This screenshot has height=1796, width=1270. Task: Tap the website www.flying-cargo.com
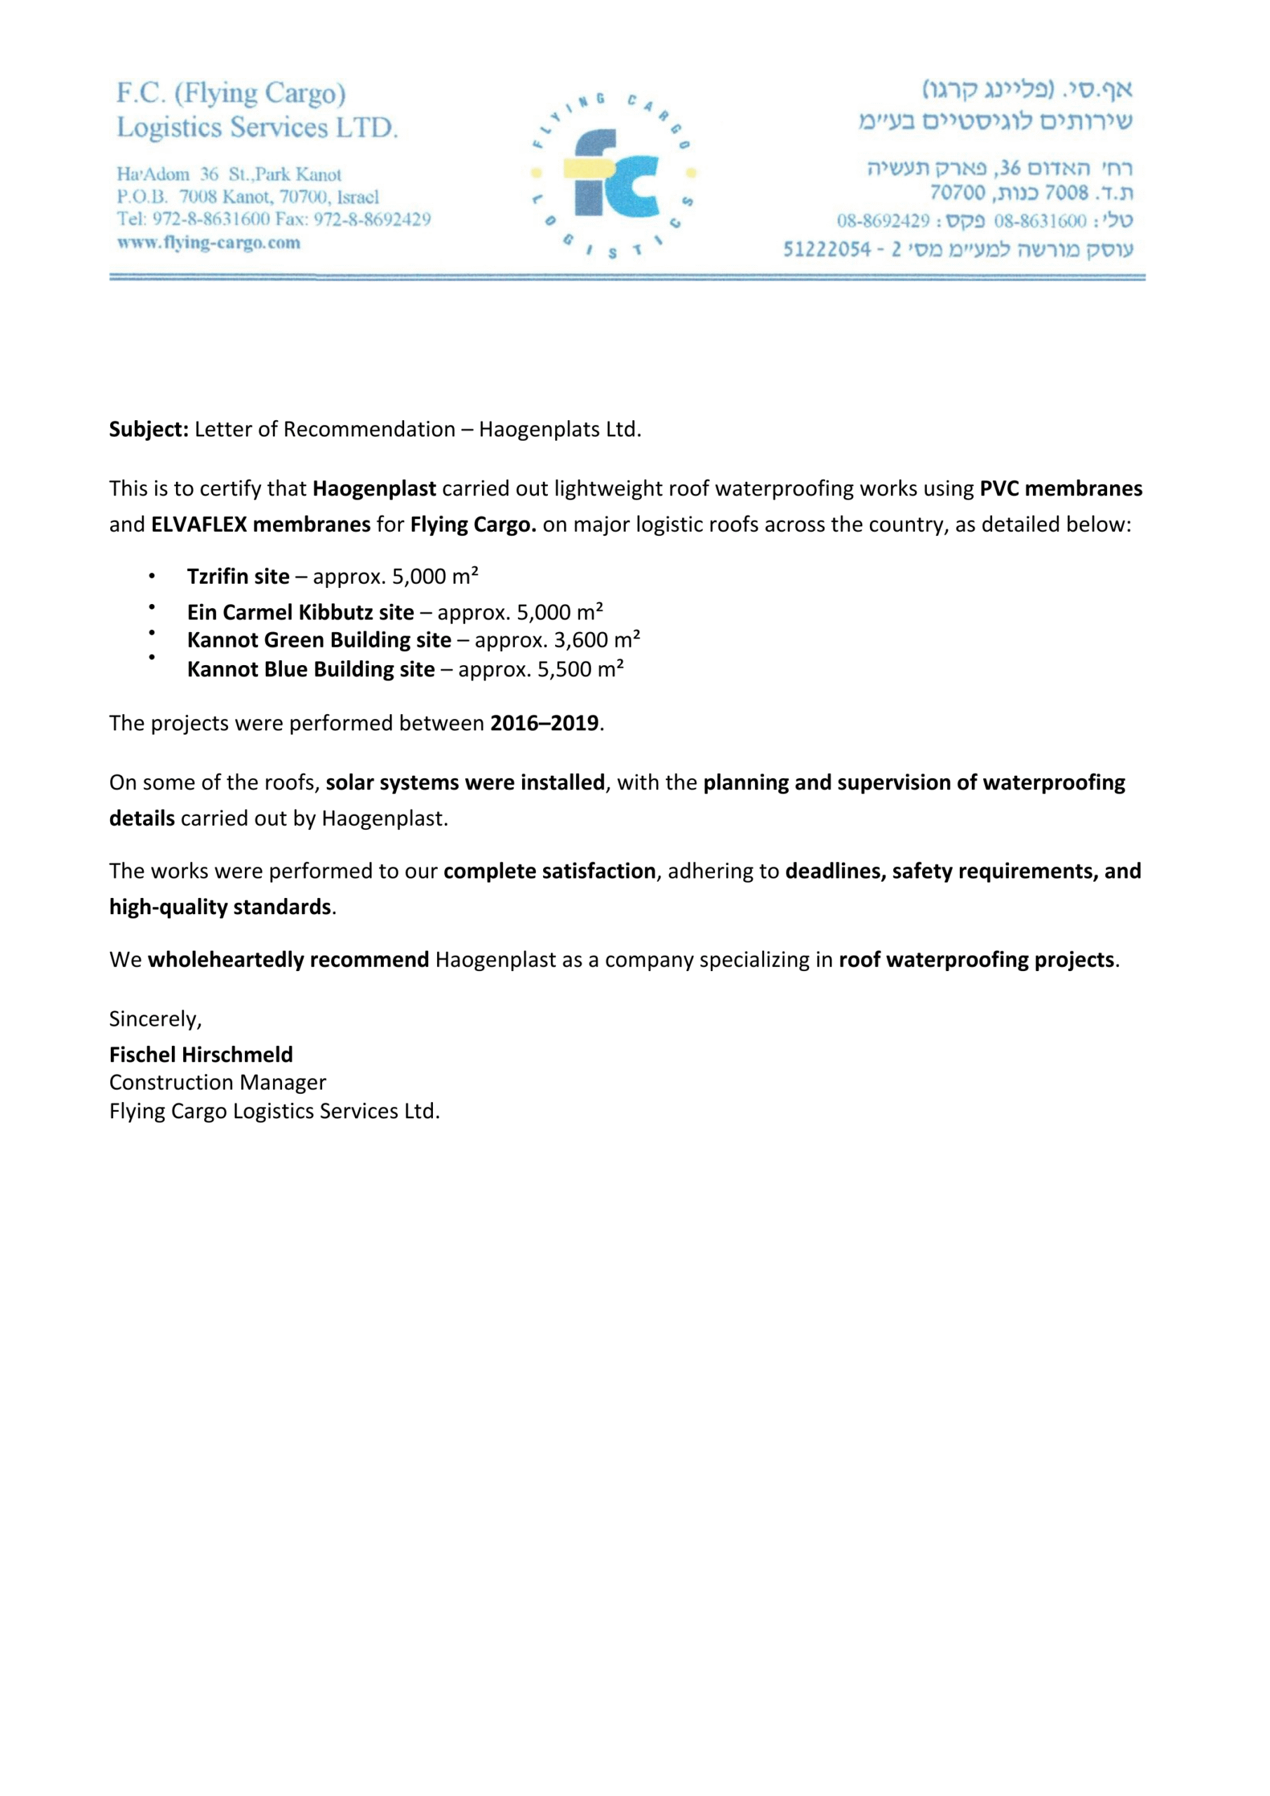point(209,243)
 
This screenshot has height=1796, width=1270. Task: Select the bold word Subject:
point(149,429)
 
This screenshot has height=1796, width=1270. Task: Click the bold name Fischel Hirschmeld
point(201,1054)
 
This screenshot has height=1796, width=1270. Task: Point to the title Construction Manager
point(218,1083)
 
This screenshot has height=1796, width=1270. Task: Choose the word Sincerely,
point(155,1019)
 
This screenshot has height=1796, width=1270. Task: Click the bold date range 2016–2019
point(544,723)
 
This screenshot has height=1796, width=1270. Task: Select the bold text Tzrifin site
point(238,577)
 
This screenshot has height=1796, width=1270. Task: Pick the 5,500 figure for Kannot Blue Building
point(564,669)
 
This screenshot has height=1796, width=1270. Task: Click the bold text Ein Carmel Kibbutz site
point(300,612)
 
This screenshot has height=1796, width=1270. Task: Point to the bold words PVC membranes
point(1060,488)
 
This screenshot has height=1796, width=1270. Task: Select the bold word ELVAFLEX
point(199,524)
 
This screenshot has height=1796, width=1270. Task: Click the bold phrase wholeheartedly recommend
point(288,960)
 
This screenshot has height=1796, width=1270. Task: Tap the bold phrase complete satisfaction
point(549,871)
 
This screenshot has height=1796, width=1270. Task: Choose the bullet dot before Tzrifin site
point(152,577)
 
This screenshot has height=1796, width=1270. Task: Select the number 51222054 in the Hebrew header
point(827,250)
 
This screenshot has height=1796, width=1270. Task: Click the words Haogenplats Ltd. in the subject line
point(559,429)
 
